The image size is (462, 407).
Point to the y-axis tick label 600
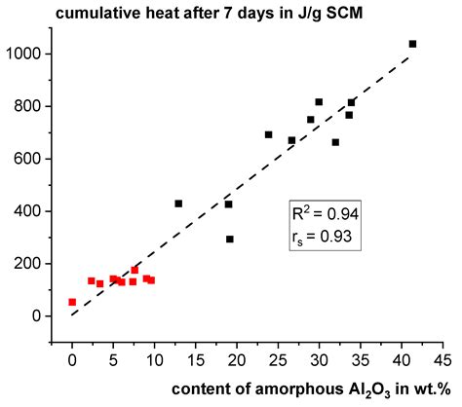click(x=35, y=159)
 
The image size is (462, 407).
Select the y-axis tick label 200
click(x=35, y=264)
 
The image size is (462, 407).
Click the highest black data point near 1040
click(x=412, y=44)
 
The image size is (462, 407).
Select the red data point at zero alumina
click(x=72, y=302)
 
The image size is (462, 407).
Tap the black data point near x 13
click(x=178, y=203)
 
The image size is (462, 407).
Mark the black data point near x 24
click(x=269, y=134)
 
